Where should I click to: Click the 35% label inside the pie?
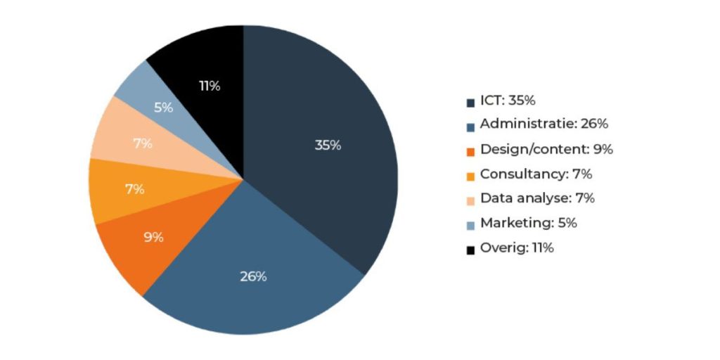(328, 146)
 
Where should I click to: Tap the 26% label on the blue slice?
(253, 276)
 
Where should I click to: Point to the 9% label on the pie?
(153, 237)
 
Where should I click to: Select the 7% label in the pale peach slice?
(143, 144)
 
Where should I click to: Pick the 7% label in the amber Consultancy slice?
(134, 189)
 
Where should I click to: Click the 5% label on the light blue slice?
(163, 108)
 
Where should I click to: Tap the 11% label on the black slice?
(209, 86)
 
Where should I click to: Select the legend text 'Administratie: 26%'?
(544, 124)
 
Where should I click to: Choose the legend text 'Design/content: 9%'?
(546, 149)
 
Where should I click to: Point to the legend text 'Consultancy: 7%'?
(536, 174)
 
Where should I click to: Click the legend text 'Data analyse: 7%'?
(537, 198)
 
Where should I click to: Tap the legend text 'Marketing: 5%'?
(528, 223)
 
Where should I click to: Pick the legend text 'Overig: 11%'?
(517, 247)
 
